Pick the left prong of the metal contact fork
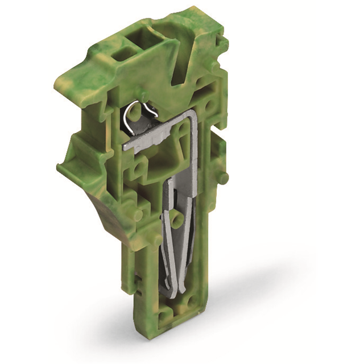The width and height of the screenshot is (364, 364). click(x=166, y=239)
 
